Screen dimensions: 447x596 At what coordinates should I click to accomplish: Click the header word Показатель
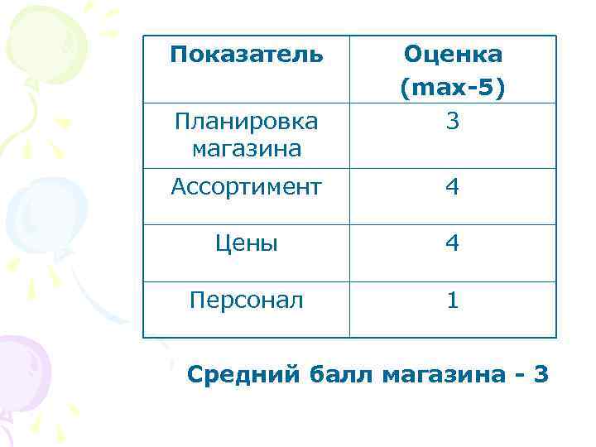(245, 55)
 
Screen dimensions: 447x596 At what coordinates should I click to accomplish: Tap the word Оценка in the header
(452, 55)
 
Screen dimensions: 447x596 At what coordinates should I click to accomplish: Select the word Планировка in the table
(245, 122)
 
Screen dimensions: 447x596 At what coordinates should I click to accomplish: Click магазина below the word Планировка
(245, 149)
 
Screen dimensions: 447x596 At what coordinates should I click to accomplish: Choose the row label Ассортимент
(245, 188)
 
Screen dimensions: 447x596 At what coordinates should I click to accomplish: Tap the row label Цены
(245, 243)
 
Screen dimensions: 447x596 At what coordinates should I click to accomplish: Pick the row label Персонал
(245, 300)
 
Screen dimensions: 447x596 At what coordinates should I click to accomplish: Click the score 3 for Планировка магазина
(452, 122)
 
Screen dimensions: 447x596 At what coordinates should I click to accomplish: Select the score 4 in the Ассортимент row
(452, 188)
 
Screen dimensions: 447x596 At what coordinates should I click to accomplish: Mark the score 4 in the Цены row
(452, 243)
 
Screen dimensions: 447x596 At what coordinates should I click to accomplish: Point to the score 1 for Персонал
(452, 300)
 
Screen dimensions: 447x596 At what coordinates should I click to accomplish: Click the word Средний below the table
(243, 375)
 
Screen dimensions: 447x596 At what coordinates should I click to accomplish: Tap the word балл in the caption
(343, 375)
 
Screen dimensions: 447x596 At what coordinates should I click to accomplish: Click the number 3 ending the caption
(541, 375)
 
